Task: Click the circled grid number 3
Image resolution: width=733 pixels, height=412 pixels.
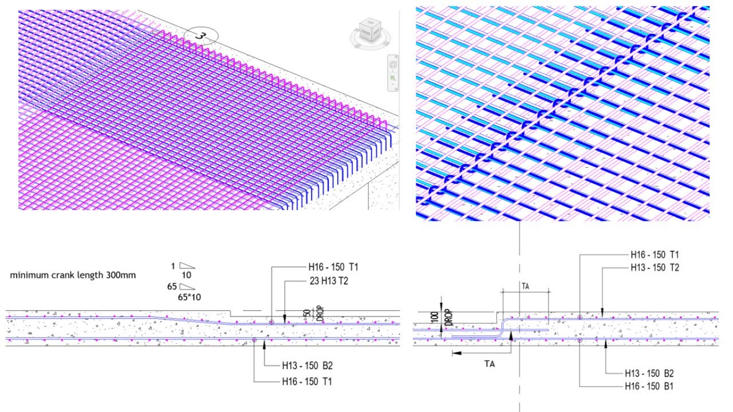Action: click(x=200, y=35)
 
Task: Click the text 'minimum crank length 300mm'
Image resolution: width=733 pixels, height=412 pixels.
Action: click(x=73, y=275)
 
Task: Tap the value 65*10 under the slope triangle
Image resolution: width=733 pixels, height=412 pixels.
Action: click(x=188, y=297)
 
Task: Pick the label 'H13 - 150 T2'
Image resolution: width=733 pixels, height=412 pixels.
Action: click(x=655, y=267)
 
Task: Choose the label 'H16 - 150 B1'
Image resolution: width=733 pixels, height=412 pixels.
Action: click(x=649, y=386)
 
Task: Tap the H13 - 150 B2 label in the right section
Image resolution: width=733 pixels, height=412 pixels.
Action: click(x=649, y=374)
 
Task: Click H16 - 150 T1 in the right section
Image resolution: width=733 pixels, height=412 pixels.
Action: click(x=655, y=255)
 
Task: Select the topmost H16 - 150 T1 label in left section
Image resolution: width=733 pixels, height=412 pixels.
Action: click(x=333, y=267)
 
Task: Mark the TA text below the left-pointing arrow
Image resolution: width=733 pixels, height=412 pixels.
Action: click(x=489, y=363)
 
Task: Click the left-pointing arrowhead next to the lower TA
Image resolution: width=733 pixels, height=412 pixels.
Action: click(x=456, y=353)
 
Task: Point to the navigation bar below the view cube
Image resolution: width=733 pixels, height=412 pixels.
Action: click(x=392, y=73)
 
